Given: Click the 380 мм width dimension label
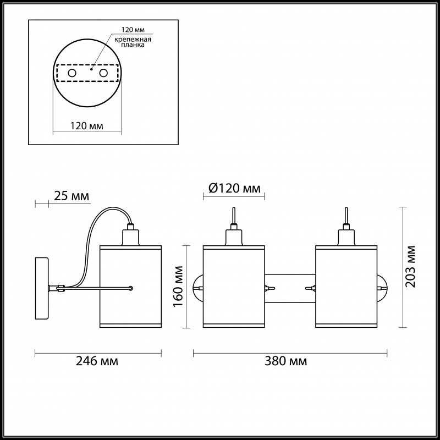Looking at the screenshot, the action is pos(285,361).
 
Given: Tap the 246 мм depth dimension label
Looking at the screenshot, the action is pos(97,361).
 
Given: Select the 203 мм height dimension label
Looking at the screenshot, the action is pos(410,267).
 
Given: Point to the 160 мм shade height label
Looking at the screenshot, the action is pos(178,287).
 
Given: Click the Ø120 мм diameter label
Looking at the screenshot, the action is pos(235,188).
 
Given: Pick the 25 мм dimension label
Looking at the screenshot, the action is pos(71,196).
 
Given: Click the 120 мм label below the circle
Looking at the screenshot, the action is pos(87,126).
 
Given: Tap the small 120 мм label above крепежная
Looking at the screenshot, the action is pos(133,30).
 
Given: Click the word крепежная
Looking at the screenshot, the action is pos(133,40).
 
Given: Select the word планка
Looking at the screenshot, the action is pos(133,45).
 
